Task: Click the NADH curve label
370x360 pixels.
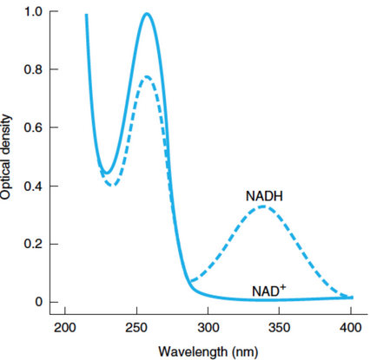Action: coord(265,197)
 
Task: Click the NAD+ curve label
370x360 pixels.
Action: coord(271,290)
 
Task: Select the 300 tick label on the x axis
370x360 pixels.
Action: coord(208,327)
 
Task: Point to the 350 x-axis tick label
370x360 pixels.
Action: coord(279,327)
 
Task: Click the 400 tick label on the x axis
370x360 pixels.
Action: coord(350,327)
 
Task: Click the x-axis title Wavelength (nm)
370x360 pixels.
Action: coord(206,351)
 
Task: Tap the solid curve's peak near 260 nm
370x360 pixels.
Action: coord(147,14)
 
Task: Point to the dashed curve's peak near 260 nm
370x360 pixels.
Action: coord(146,76)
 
